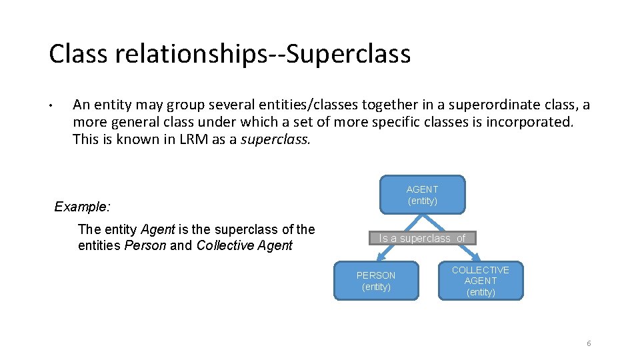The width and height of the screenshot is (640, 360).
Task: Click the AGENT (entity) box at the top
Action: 422,195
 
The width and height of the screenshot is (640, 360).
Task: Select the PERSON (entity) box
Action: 376,281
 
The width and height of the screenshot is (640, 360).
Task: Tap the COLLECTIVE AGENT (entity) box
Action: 481,281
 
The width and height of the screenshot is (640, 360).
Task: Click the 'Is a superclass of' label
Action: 422,238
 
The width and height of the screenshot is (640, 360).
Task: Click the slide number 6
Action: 589,343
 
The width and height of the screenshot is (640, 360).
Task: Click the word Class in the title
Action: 79,54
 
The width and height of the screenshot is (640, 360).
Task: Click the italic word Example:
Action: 82,207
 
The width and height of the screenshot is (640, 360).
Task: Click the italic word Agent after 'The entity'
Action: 158,229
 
